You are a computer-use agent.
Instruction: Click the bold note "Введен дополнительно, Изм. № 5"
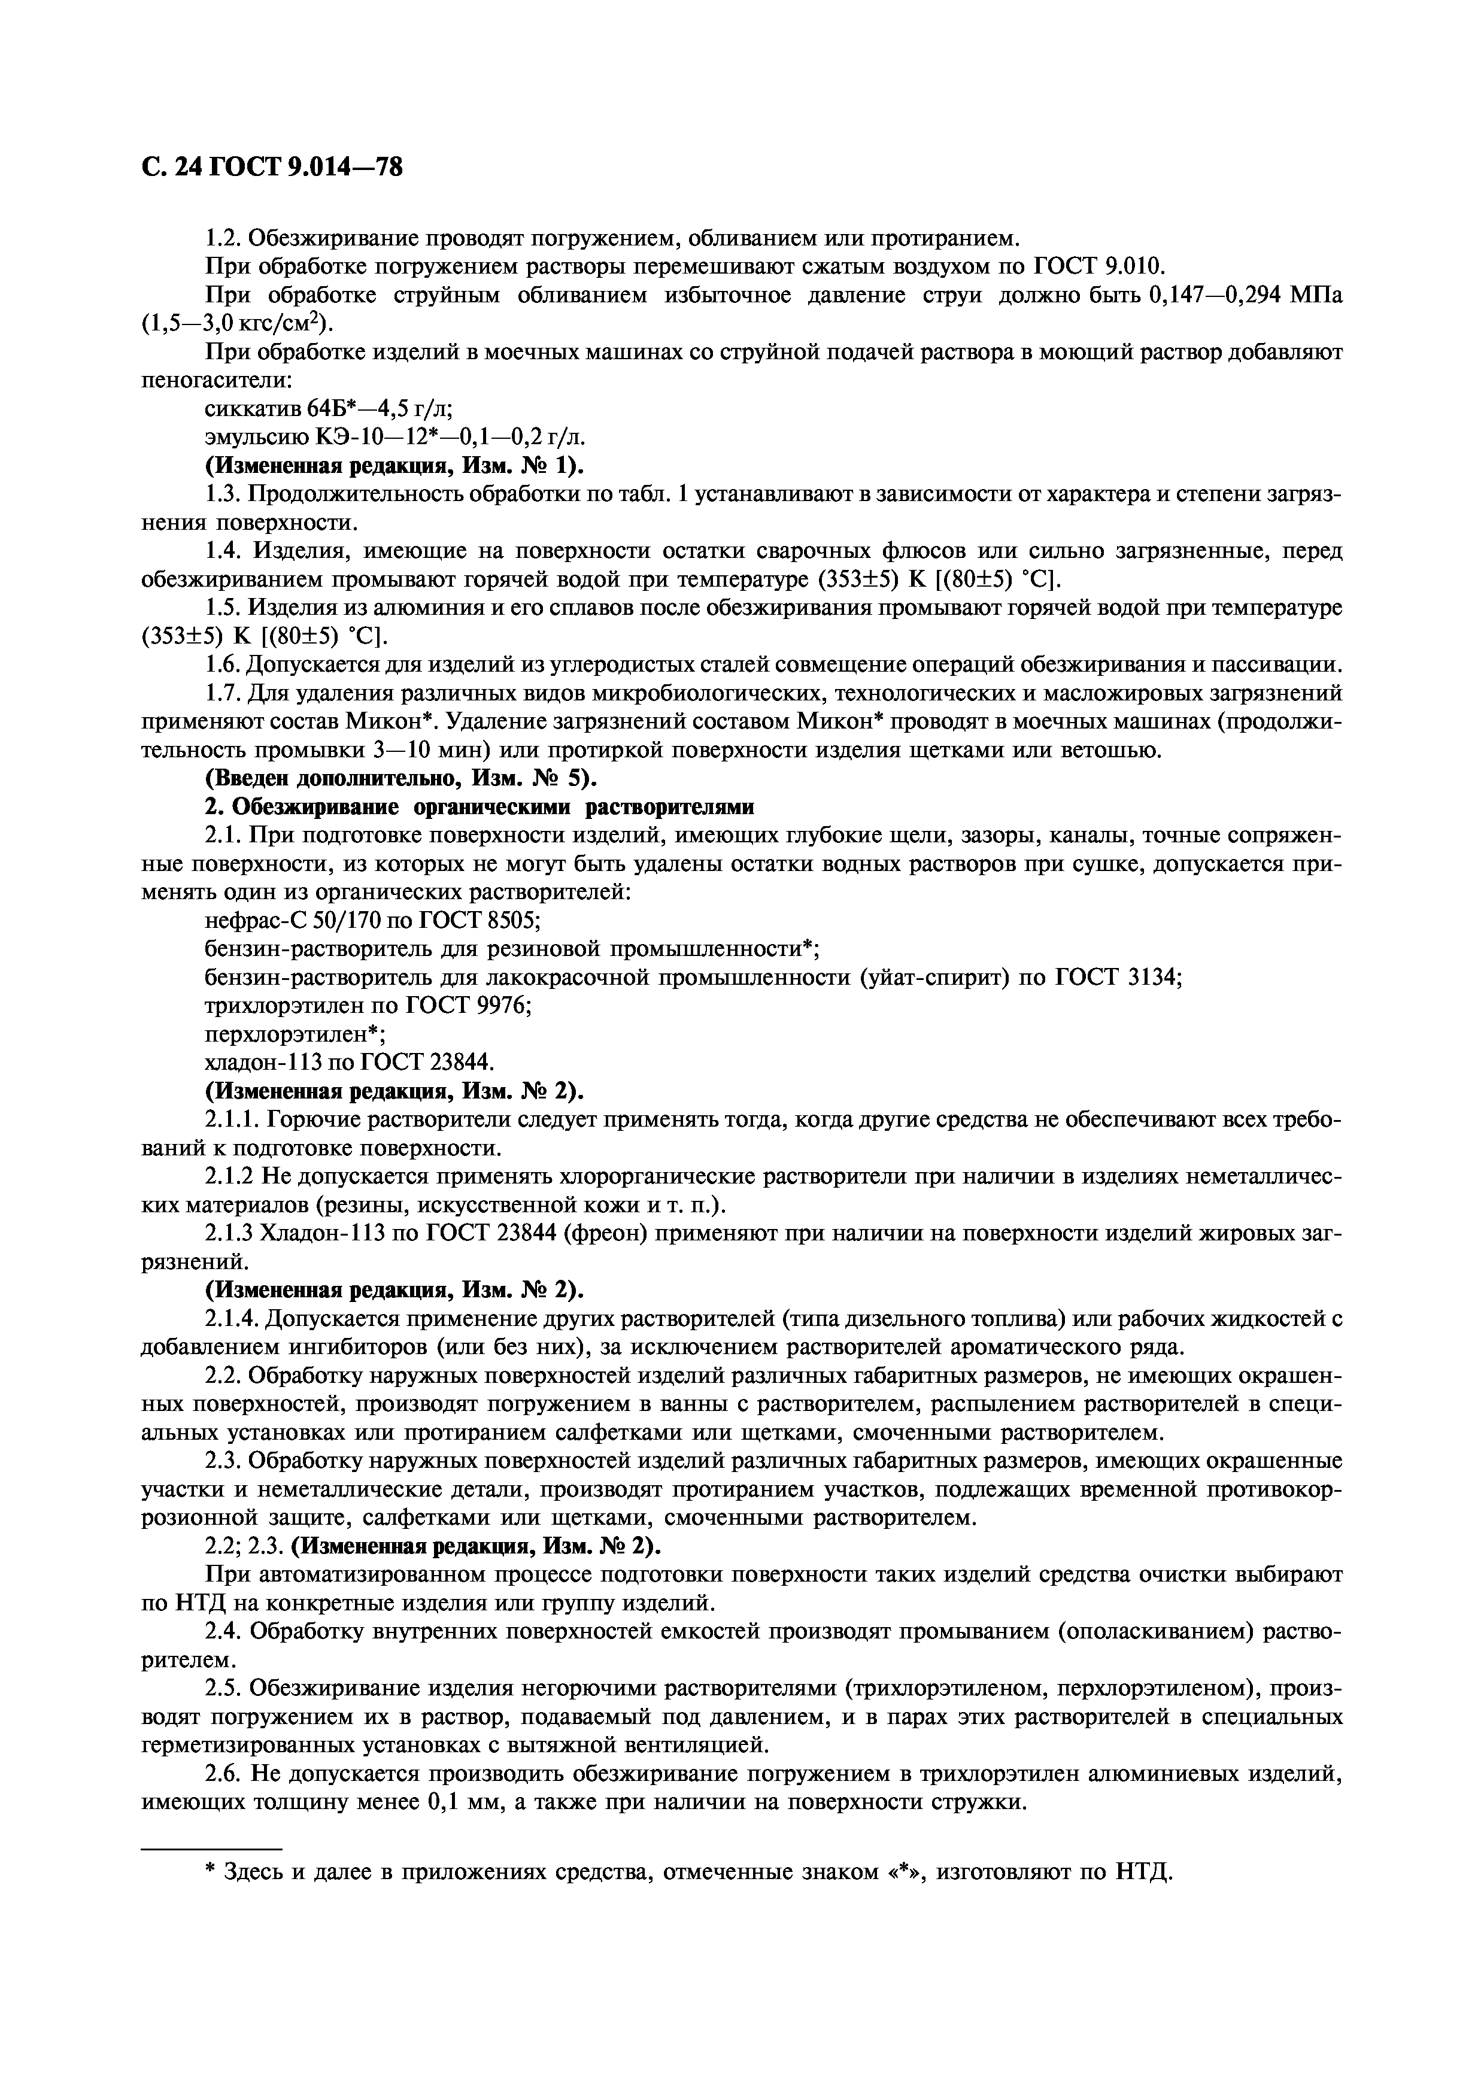point(399,779)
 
